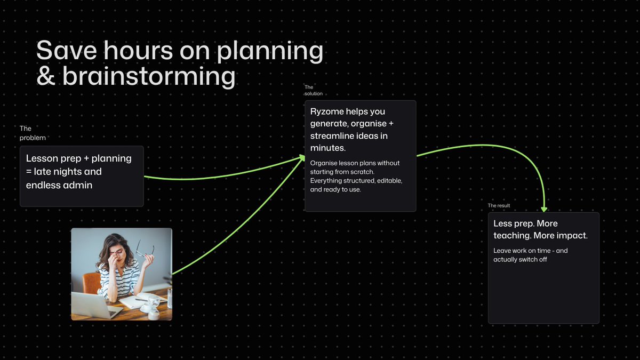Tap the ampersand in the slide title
click(x=46, y=76)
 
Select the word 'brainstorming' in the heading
click(x=149, y=76)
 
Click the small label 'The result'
click(x=499, y=206)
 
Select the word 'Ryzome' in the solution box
click(x=326, y=111)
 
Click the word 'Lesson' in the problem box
click(x=43, y=158)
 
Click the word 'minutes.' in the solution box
click(x=328, y=147)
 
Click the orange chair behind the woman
click(x=91, y=283)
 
